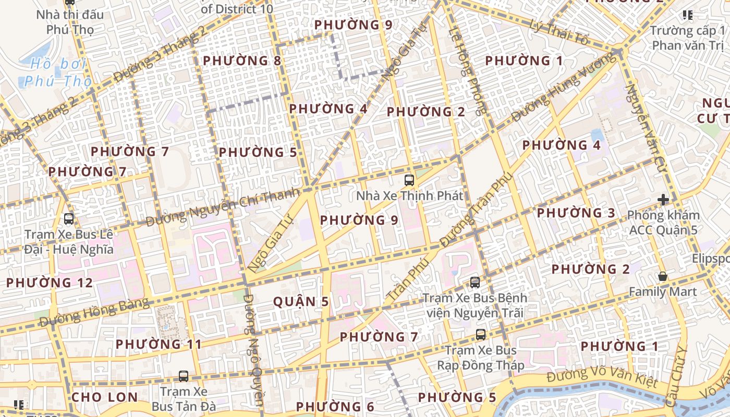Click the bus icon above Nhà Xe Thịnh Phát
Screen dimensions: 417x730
[409, 181]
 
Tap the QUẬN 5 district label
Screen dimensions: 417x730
[301, 302]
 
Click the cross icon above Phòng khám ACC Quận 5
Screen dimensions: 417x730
[663, 200]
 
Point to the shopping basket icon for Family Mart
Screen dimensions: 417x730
[663, 276]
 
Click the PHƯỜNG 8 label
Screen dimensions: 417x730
[242, 61]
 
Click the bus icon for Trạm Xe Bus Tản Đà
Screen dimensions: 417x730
[183, 376]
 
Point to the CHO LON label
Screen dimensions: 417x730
[105, 397]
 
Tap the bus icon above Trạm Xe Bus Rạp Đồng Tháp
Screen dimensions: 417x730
[481, 335]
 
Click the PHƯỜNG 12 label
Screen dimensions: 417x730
[49, 283]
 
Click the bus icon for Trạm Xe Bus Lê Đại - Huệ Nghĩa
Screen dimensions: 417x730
[68, 219]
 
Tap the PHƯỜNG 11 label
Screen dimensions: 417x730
[159, 345]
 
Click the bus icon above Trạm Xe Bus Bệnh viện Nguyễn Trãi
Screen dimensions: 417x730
[475, 283]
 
